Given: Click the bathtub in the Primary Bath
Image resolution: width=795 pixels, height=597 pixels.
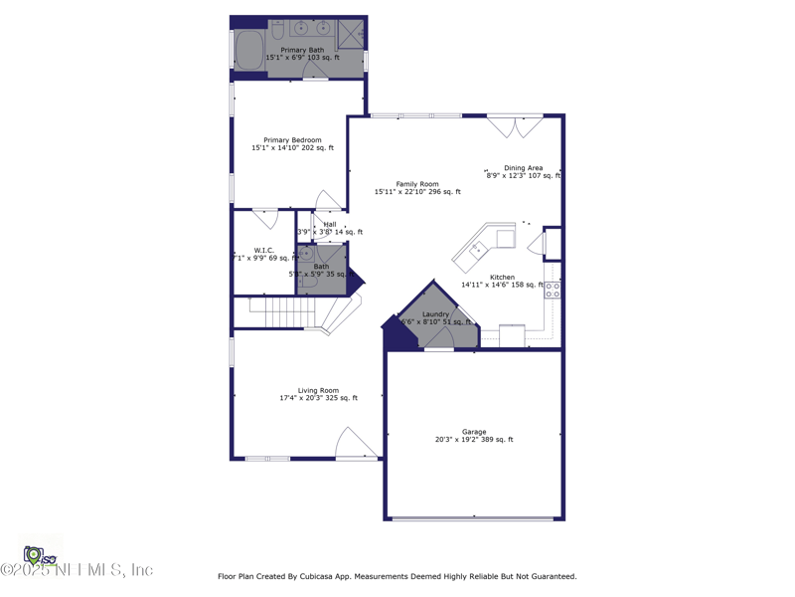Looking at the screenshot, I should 248,49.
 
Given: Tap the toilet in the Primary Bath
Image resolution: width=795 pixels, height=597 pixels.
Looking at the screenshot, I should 278,28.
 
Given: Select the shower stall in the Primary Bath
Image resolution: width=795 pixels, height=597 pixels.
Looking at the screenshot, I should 351,33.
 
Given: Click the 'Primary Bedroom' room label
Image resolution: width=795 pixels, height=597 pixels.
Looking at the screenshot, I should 292,140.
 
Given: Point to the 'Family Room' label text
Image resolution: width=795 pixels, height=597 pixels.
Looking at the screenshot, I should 417,184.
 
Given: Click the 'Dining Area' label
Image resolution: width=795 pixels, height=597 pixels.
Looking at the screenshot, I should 523,168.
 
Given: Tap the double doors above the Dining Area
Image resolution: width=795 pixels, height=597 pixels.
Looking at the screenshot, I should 515,126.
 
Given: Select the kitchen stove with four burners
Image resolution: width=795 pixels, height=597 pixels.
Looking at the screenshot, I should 552,290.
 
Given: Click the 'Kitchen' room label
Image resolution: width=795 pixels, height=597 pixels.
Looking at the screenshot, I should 502,278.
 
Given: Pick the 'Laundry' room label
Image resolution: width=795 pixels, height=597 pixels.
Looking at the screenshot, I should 435,314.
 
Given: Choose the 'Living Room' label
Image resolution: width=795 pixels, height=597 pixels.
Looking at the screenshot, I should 318,391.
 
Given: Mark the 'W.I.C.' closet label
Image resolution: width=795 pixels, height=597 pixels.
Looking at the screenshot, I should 263,251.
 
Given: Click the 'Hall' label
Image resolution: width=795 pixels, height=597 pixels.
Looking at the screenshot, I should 330,225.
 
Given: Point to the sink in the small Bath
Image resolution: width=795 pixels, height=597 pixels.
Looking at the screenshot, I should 306,255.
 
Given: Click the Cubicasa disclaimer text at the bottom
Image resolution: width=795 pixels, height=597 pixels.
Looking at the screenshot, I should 397,576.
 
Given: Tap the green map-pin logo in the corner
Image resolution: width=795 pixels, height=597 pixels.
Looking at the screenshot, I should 34,553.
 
